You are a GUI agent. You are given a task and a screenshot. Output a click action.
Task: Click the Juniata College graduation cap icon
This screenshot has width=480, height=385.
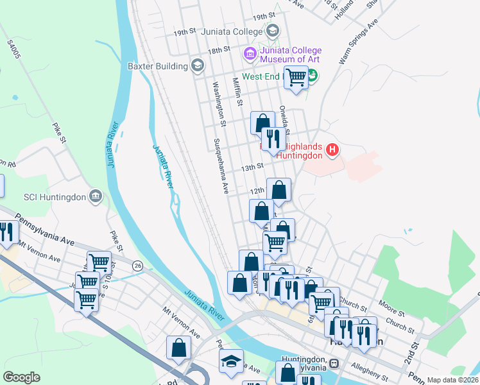pyautogui.click(x=273, y=31)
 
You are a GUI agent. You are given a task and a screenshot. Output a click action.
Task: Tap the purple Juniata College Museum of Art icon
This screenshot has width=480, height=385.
pyautogui.click(x=250, y=53)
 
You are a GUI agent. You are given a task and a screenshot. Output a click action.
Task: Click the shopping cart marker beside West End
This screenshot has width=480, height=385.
pyautogui.click(x=296, y=78)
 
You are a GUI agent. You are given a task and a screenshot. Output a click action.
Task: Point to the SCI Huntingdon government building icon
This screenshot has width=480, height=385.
pyautogui.click(x=96, y=196)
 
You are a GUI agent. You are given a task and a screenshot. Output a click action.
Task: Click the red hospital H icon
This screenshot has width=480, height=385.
pyautogui.click(x=332, y=151)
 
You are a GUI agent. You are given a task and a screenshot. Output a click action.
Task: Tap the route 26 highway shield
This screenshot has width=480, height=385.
pyautogui.click(x=137, y=265)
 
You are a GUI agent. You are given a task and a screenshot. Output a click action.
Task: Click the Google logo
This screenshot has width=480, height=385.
pyautogui.click(x=21, y=377)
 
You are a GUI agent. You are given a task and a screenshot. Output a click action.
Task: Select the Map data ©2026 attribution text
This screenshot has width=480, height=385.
pyautogui.click(x=452, y=380)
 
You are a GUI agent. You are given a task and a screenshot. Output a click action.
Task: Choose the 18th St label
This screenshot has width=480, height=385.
pyautogui.click(x=218, y=50)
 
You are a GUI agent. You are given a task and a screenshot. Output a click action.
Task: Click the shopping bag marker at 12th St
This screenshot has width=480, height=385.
pyautogui.click(x=279, y=190)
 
